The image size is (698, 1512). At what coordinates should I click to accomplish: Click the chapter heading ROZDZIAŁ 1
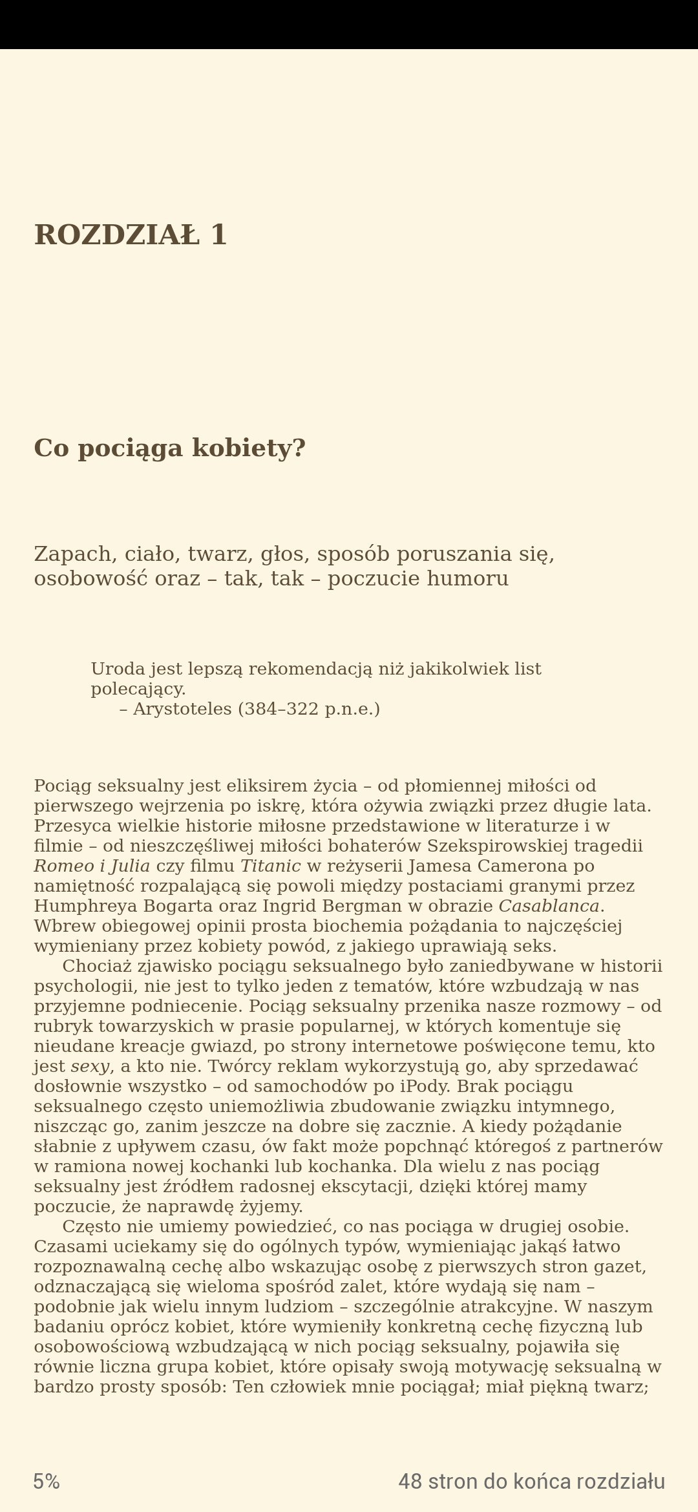tap(130, 235)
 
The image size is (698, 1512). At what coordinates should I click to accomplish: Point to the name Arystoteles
tap(182, 709)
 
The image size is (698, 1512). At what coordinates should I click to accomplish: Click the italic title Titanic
tap(271, 866)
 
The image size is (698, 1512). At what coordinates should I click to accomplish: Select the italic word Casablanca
tap(549, 906)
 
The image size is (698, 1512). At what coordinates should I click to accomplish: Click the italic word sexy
tap(90, 1066)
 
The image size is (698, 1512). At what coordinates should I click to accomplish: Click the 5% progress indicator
tap(47, 1482)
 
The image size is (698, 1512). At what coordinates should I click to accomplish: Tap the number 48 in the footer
tap(410, 1482)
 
